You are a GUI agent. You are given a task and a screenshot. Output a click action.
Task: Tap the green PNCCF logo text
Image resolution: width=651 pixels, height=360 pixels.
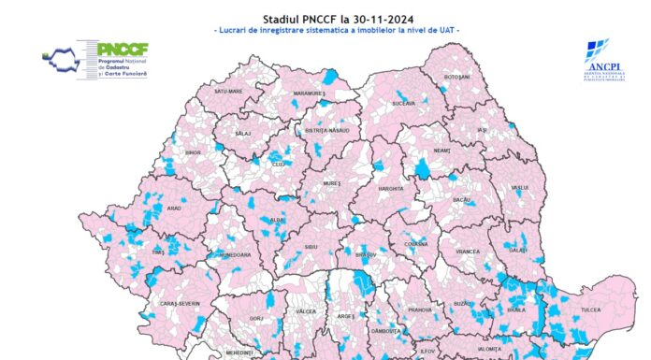click(119, 48)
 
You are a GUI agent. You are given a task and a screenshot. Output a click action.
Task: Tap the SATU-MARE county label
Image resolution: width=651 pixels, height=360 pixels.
click(229, 92)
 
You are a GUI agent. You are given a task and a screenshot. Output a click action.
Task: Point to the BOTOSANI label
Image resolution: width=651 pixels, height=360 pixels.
click(457, 78)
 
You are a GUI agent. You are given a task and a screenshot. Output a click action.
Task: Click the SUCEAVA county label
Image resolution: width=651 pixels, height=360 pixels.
click(404, 103)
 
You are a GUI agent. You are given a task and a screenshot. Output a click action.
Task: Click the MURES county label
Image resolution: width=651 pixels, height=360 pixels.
click(335, 185)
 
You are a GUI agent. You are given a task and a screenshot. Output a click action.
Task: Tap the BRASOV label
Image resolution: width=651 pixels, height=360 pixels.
click(366, 252)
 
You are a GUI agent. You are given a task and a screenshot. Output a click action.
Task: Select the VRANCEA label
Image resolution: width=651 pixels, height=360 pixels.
click(468, 252)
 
